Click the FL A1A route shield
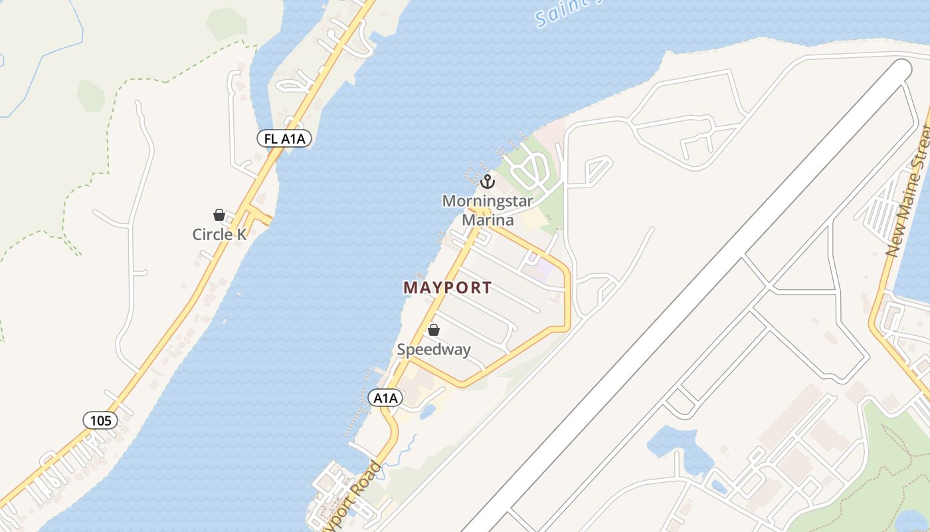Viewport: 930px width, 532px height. coord(284,138)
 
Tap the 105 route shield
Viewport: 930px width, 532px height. coord(100,420)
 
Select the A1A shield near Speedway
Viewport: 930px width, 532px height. coord(385,398)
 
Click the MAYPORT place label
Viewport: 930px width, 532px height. coord(448,288)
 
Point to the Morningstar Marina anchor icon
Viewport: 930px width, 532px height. coord(488,181)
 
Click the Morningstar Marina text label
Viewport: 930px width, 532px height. coord(488,210)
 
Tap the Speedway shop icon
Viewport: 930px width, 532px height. coord(434,329)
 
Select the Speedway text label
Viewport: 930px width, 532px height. coord(434,349)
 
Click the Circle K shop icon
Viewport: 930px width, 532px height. coord(219,215)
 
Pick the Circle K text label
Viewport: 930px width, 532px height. coord(219,234)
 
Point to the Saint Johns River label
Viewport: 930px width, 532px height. coord(561,13)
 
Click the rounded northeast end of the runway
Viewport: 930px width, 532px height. coord(902,68)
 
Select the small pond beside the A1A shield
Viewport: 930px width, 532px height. coord(426,411)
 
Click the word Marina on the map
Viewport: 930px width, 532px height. coord(488,220)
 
